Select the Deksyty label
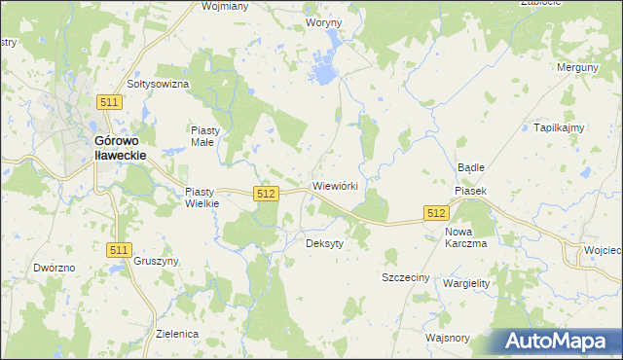(x=324, y=243)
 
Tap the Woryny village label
(x=323, y=21)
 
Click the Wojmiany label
(x=224, y=6)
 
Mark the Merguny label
(x=576, y=67)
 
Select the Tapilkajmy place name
(x=558, y=127)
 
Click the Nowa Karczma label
(x=465, y=237)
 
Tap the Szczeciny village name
(x=405, y=277)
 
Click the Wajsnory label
(x=448, y=338)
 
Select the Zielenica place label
(x=177, y=333)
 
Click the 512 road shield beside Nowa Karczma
(x=436, y=212)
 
